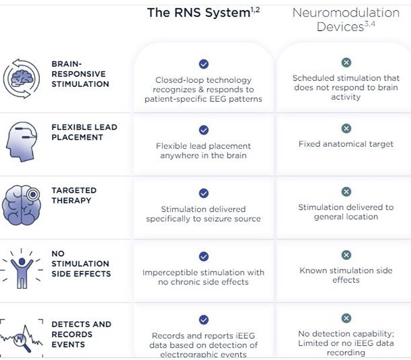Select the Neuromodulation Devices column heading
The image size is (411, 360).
click(x=346, y=19)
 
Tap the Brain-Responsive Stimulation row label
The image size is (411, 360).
click(x=80, y=74)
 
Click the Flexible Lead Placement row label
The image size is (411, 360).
click(x=84, y=132)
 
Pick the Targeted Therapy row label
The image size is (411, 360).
click(x=73, y=196)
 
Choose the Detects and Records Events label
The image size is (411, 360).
click(x=81, y=334)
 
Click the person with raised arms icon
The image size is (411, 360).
click(x=22, y=268)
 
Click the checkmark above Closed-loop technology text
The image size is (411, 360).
click(x=203, y=64)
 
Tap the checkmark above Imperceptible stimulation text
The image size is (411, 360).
click(x=203, y=257)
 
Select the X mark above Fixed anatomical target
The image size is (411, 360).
click(x=346, y=128)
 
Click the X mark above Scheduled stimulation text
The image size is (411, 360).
click(x=346, y=62)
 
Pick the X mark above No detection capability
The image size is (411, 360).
click(x=346, y=318)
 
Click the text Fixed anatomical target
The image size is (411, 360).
click(x=346, y=144)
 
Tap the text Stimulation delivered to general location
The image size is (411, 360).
click(x=346, y=212)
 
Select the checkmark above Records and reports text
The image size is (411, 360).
click(x=203, y=320)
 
